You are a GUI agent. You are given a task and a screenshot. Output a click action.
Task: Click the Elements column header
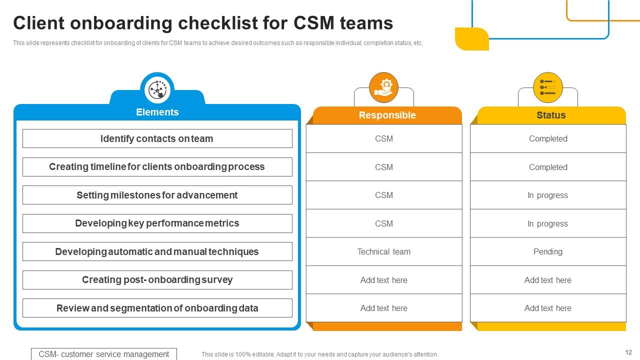tap(157, 112)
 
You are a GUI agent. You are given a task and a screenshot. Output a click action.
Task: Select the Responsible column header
tap(387, 115)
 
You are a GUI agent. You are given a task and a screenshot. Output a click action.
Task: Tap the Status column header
tap(550, 115)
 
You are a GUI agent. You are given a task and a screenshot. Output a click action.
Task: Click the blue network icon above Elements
tap(157, 90)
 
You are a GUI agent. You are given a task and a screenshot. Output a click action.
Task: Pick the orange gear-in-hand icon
tap(383, 87)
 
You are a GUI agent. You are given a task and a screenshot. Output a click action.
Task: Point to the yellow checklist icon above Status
tap(547, 87)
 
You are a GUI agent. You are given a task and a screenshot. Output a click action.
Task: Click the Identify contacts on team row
tap(157, 138)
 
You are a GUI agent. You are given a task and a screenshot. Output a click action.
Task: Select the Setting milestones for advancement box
tap(157, 195)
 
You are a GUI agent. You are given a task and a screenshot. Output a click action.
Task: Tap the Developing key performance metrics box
tap(157, 223)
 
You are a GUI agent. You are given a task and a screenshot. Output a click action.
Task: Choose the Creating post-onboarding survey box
tap(157, 280)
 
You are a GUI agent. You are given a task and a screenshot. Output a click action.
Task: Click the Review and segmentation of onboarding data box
tap(157, 308)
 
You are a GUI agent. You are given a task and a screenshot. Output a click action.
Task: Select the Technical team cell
tap(383, 251)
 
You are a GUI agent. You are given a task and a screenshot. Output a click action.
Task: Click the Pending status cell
tap(547, 251)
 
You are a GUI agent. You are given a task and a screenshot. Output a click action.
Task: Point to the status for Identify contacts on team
tap(547, 138)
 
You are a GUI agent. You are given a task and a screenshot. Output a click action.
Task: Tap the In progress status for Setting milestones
tap(547, 195)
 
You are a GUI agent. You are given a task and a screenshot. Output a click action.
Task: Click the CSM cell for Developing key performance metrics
tap(383, 223)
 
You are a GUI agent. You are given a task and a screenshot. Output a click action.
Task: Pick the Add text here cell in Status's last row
tap(547, 308)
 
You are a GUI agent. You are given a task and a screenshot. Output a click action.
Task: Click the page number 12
tap(628, 352)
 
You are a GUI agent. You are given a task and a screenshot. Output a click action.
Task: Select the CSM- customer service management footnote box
tap(104, 354)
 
